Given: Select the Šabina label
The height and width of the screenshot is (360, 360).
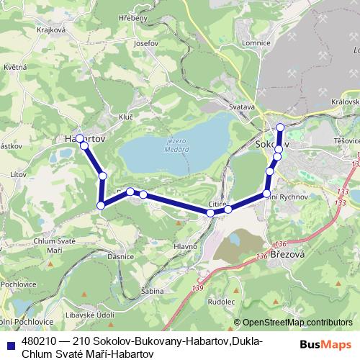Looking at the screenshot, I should (x=153, y=290).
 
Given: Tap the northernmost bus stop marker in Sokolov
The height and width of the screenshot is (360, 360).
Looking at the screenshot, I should (x=280, y=128).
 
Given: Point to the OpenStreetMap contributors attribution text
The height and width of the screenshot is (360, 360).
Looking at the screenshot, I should (x=298, y=323).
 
